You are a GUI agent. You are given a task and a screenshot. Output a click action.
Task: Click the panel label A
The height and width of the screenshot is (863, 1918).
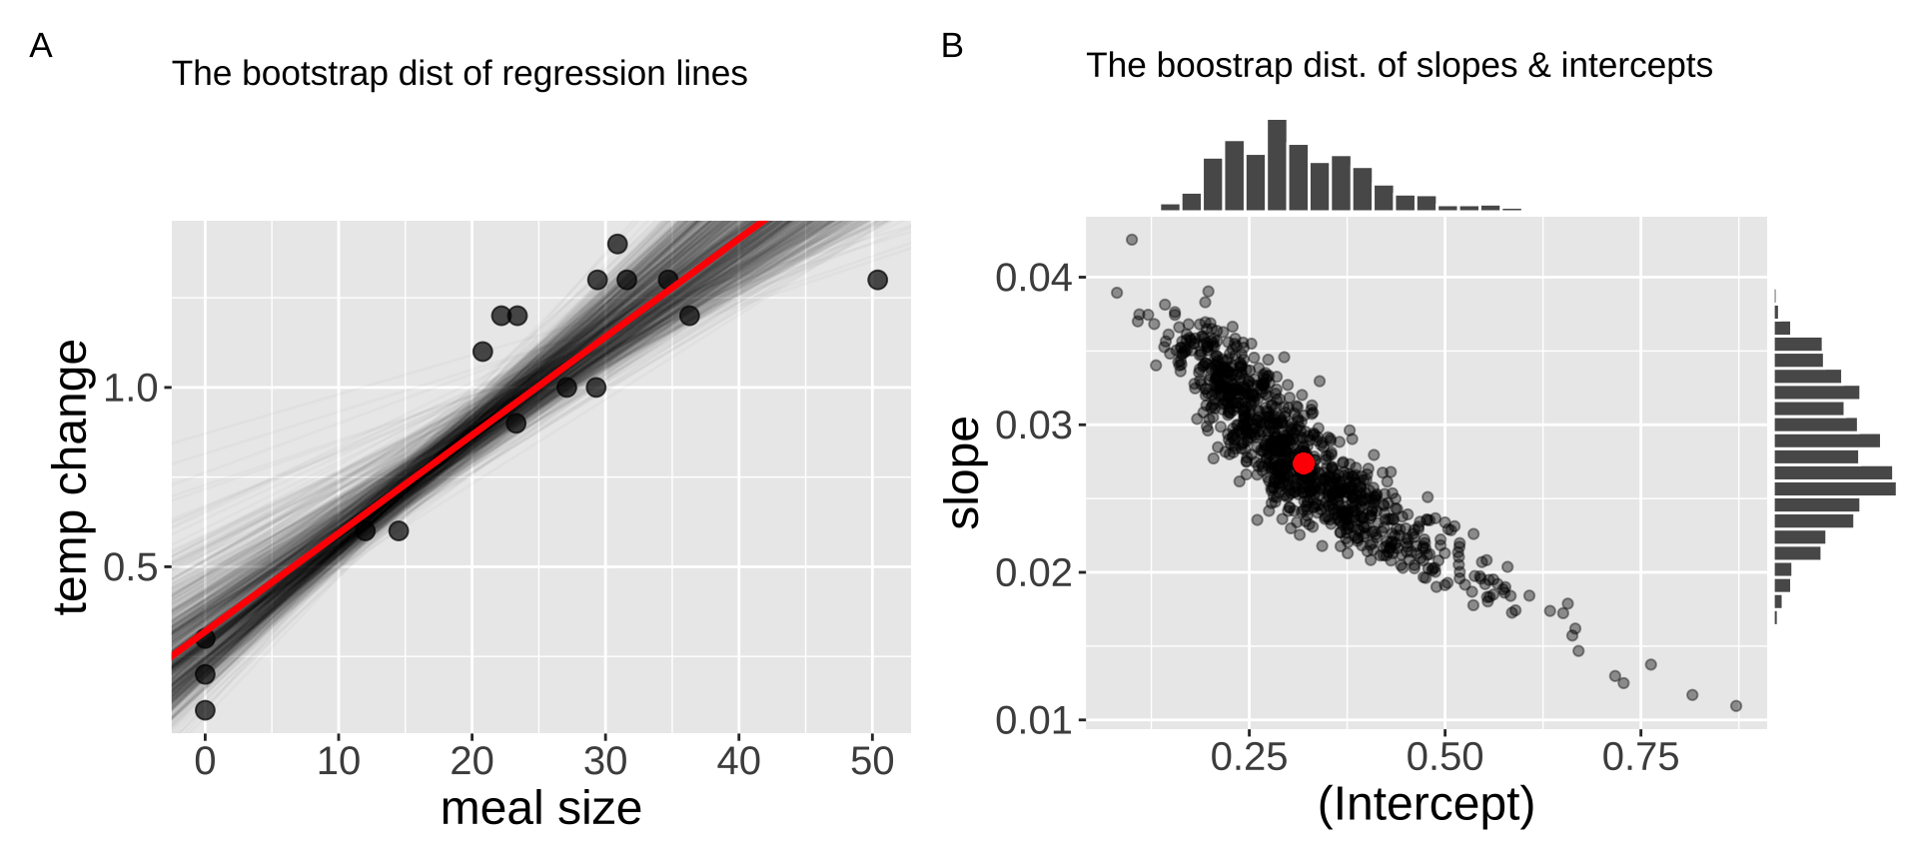click(40, 46)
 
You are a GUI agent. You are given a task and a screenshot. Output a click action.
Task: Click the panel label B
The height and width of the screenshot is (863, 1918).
click(952, 46)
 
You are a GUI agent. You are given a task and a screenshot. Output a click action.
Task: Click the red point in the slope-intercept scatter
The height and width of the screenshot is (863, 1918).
click(1303, 463)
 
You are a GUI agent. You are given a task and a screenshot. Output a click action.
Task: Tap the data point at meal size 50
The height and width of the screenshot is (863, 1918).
click(877, 280)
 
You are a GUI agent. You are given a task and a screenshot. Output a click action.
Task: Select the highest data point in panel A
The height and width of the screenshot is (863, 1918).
click(617, 244)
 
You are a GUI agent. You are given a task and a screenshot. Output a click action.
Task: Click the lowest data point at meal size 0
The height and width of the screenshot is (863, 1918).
click(205, 710)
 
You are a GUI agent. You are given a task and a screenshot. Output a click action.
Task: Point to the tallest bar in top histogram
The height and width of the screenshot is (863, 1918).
click(1277, 165)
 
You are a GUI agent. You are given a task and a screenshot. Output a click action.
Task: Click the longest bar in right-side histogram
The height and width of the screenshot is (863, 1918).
click(1834, 488)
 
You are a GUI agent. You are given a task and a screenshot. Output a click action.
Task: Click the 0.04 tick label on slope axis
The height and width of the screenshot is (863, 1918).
click(1033, 278)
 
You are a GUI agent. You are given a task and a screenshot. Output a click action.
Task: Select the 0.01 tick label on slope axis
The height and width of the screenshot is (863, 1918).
click(1033, 720)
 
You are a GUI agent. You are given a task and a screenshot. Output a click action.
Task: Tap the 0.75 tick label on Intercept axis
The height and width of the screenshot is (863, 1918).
click(1640, 758)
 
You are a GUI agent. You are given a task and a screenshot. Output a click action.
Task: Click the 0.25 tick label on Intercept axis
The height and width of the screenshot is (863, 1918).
click(1248, 758)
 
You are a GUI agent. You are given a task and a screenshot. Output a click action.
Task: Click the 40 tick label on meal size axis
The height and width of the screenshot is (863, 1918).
click(738, 762)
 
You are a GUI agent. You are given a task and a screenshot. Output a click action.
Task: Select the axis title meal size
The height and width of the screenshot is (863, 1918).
click(540, 808)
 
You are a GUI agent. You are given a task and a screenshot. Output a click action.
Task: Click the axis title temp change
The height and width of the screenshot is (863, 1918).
click(72, 477)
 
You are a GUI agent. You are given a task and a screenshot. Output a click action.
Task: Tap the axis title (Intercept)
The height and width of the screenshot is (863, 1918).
click(1426, 805)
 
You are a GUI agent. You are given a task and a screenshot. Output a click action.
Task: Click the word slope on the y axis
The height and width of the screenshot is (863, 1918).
click(964, 472)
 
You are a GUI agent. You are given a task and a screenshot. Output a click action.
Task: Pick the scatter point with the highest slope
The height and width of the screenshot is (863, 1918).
click(1132, 240)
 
